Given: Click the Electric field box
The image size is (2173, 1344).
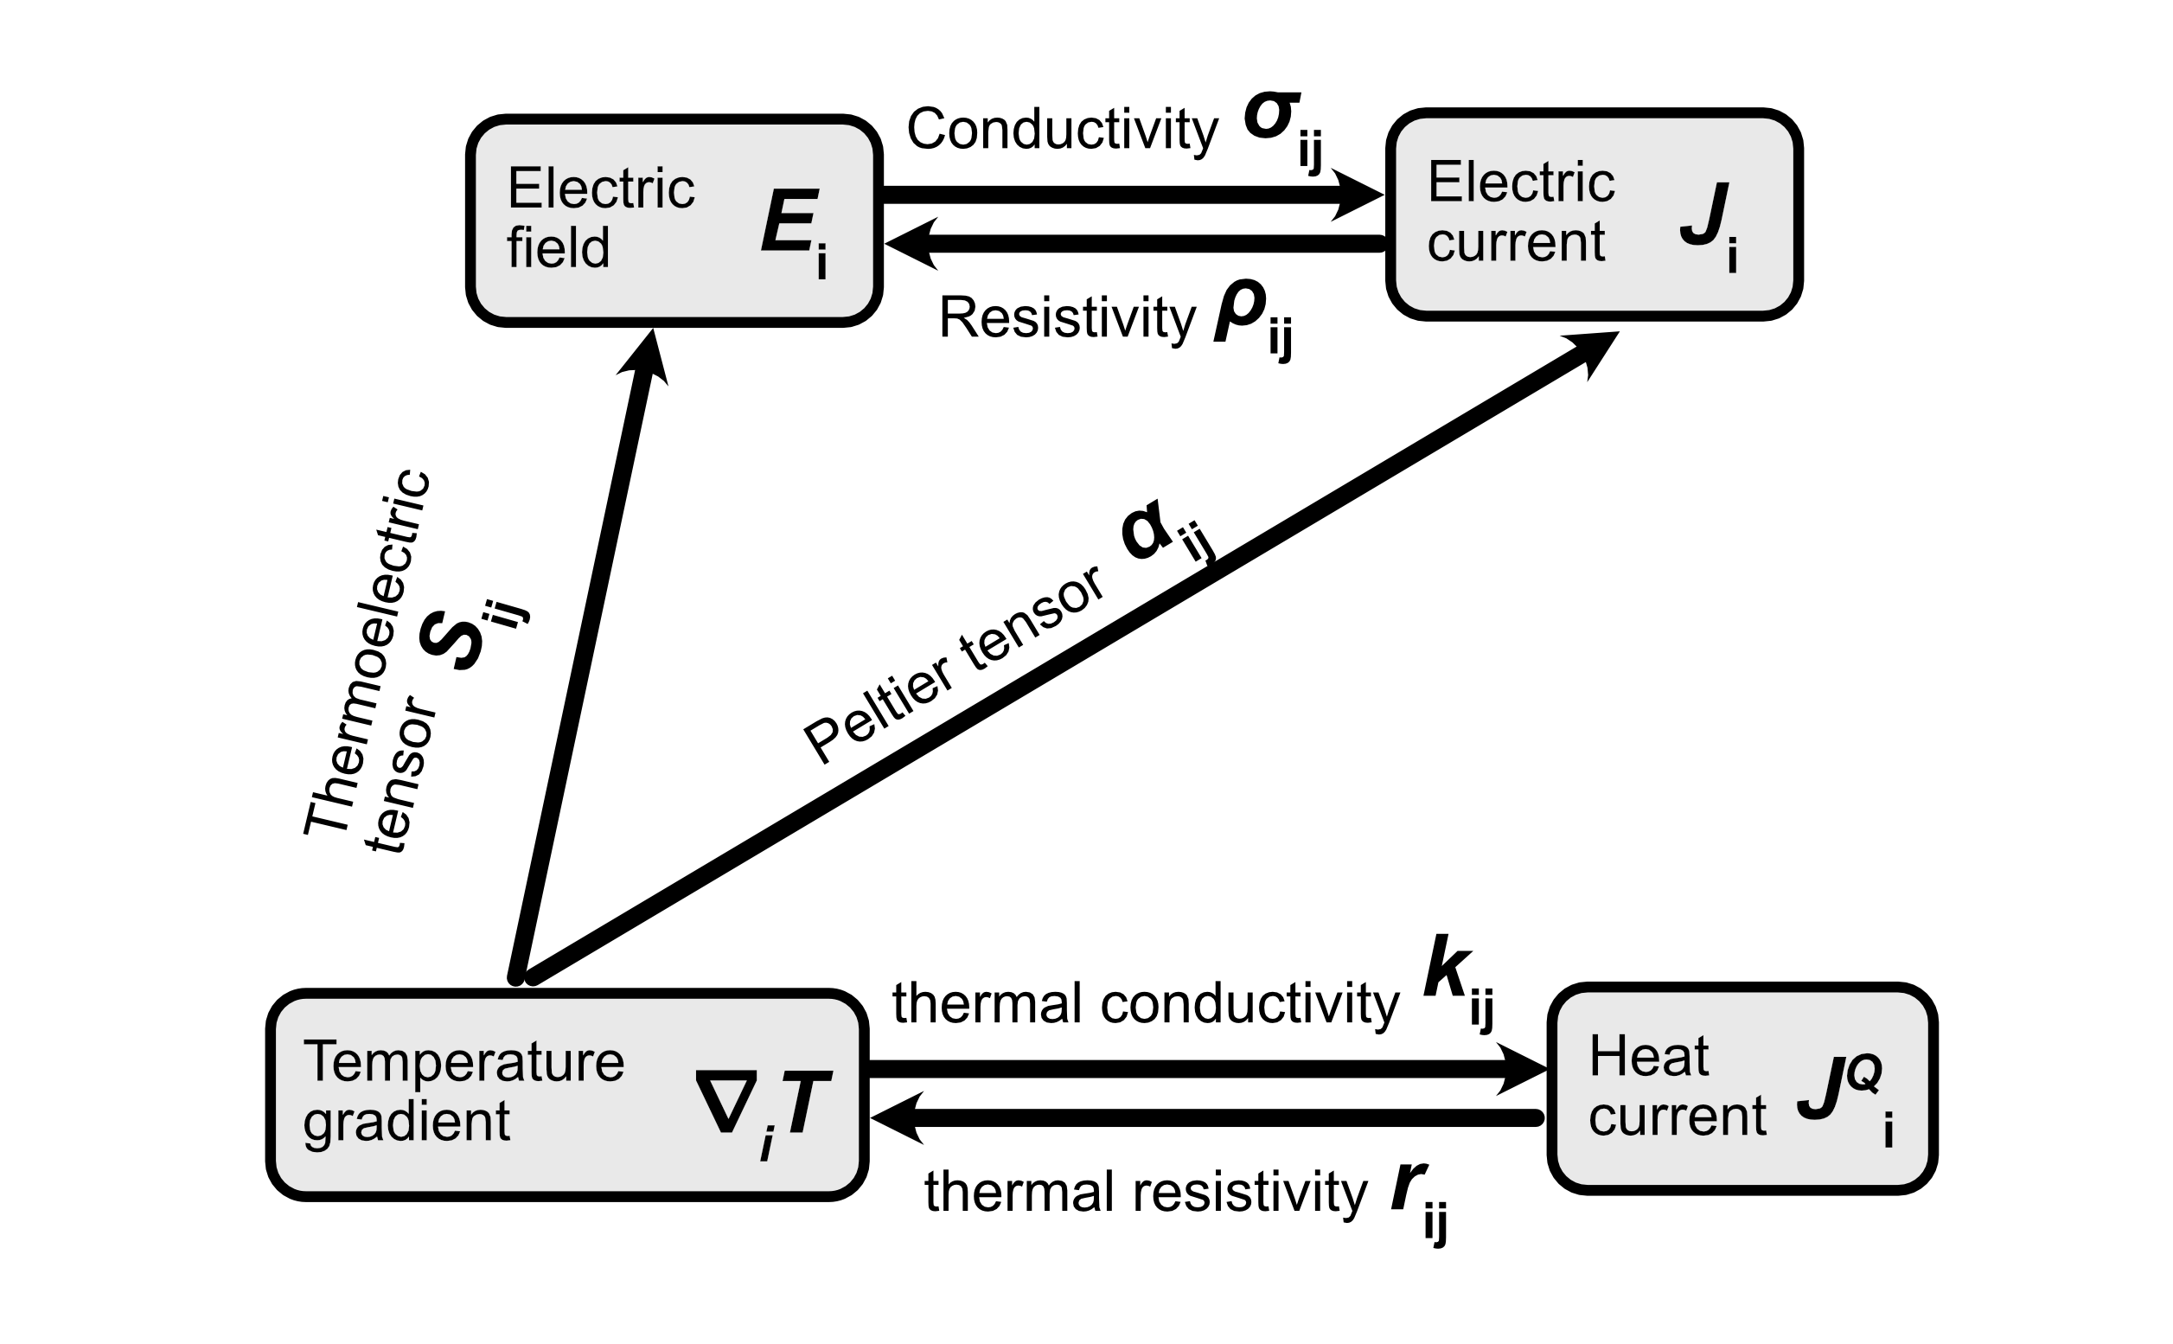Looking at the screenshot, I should point(674,221).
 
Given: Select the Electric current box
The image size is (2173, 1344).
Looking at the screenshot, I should point(1594,214).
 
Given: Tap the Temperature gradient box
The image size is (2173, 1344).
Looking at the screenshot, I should point(566,1094).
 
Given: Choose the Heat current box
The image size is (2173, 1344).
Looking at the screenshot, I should point(1742,1088).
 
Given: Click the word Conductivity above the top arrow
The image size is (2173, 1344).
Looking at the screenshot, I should point(1061,130).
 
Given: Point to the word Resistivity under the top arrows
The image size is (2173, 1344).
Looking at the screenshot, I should point(1066,317).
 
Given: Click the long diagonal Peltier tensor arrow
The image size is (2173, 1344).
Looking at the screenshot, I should point(1066,658).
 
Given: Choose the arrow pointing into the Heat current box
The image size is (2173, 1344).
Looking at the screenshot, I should point(1200,1067).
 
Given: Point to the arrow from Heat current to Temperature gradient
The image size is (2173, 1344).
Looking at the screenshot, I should point(1200,1117).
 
